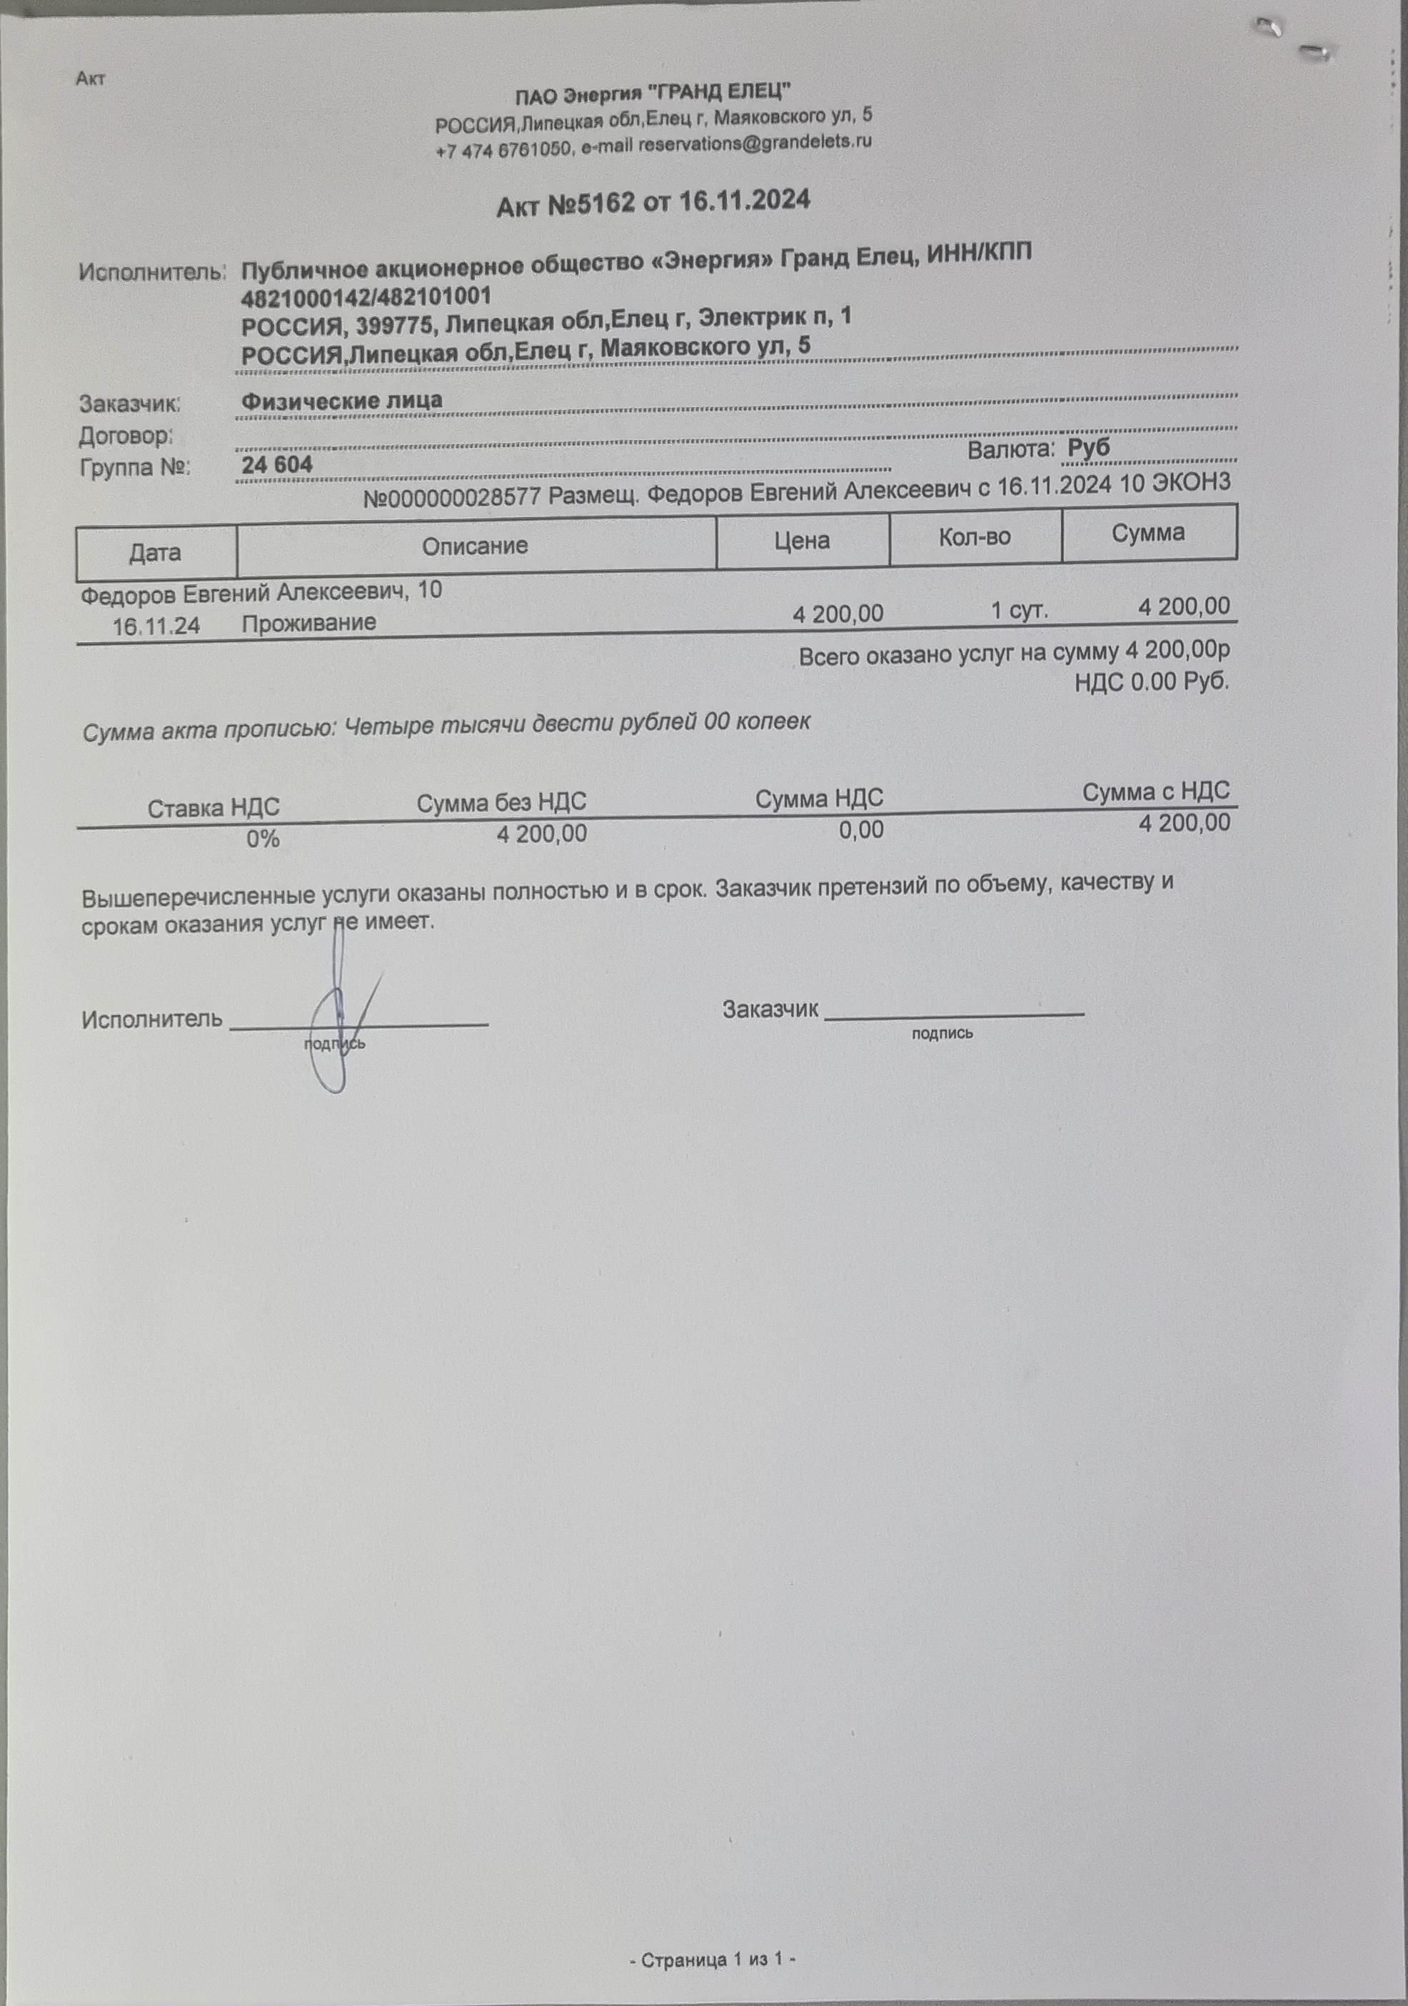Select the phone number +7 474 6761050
click(x=504, y=150)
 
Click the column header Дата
click(x=156, y=553)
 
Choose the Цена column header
click(x=802, y=541)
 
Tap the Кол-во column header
click(x=975, y=537)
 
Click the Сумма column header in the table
click(x=1147, y=533)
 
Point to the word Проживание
click(x=309, y=623)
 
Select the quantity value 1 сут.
click(x=1020, y=610)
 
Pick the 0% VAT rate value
click(x=262, y=839)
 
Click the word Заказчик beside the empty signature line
click(x=770, y=1010)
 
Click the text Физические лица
click(x=341, y=401)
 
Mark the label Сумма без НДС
click(x=501, y=803)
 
